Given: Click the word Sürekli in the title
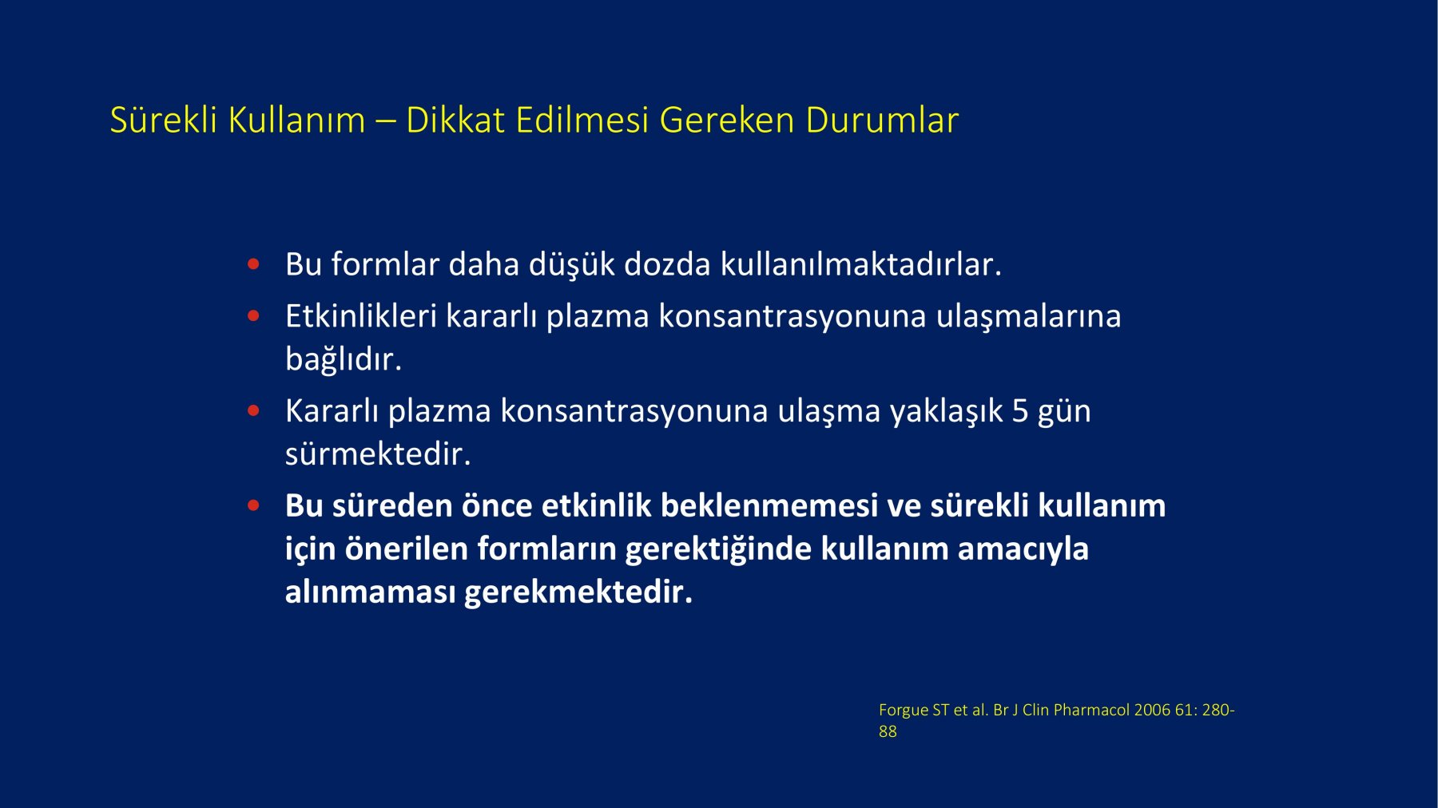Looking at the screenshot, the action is pyautogui.click(x=164, y=120).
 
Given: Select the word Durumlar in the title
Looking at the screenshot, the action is pyautogui.click(x=882, y=120).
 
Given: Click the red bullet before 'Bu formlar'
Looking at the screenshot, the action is pyautogui.click(x=254, y=263).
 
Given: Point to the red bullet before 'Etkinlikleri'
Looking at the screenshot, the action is pyautogui.click(x=254, y=315).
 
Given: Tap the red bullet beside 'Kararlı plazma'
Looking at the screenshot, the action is pyautogui.click(x=254, y=410).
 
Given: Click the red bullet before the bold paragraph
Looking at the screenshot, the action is pyautogui.click(x=254, y=505).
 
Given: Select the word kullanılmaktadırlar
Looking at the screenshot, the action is pyautogui.click(x=861, y=264).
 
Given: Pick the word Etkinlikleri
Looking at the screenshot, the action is pyautogui.click(x=361, y=316).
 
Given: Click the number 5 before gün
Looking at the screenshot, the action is pyautogui.click(x=1020, y=411).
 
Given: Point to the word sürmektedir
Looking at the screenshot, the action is pyautogui.click(x=378, y=454).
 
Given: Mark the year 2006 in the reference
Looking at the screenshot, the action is pyautogui.click(x=1152, y=710).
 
